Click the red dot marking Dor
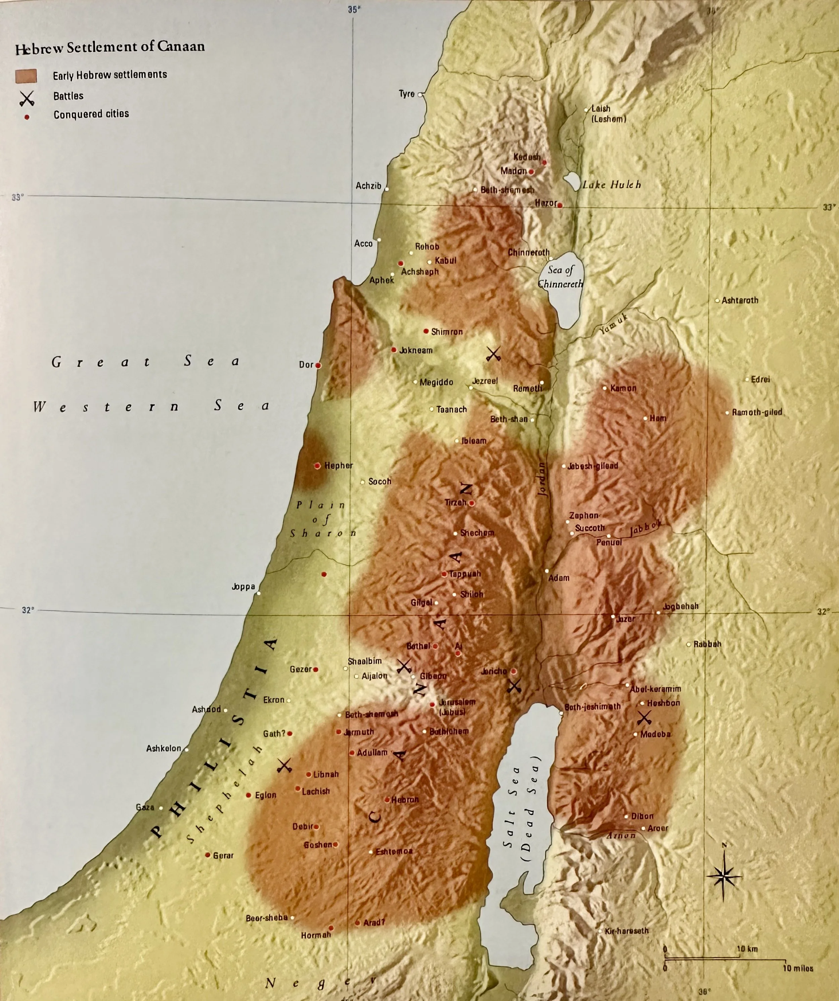pos(318,365)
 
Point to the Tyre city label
pos(407,94)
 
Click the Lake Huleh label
pos(612,185)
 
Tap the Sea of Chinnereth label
pos(560,277)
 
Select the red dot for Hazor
pos(560,206)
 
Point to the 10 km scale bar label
pos(747,949)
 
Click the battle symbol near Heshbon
pos(645,717)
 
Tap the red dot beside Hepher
pos(317,466)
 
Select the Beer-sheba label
pos(266,918)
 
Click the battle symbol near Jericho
pos(514,686)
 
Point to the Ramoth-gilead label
pos(757,412)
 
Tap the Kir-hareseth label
pos(626,930)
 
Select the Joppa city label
pos(243,587)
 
